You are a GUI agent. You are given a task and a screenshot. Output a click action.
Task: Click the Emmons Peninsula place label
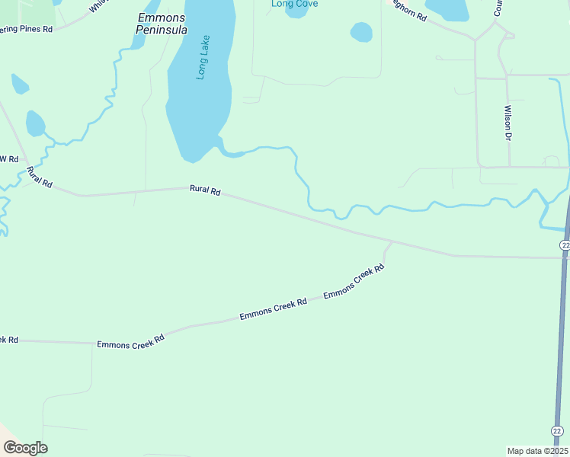[162, 23]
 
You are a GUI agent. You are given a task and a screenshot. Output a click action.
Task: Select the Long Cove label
[294, 4]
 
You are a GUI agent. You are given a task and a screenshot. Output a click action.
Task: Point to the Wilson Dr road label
[507, 123]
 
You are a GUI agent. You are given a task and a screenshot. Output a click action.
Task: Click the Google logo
[25, 447]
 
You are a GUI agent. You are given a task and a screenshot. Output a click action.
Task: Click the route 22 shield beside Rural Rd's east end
[564, 244]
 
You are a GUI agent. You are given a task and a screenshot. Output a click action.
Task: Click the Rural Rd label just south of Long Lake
[205, 191]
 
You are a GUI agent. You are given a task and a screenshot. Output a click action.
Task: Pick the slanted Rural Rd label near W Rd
[39, 177]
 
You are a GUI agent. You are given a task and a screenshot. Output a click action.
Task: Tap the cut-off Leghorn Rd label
[409, 9]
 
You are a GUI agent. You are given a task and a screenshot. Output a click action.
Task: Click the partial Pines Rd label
[27, 29]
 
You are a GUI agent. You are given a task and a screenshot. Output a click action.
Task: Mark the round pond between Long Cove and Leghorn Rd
[361, 32]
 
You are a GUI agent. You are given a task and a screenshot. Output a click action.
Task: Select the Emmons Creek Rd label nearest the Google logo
[130, 342]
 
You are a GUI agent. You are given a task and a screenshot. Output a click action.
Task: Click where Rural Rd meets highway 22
[565, 258]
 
